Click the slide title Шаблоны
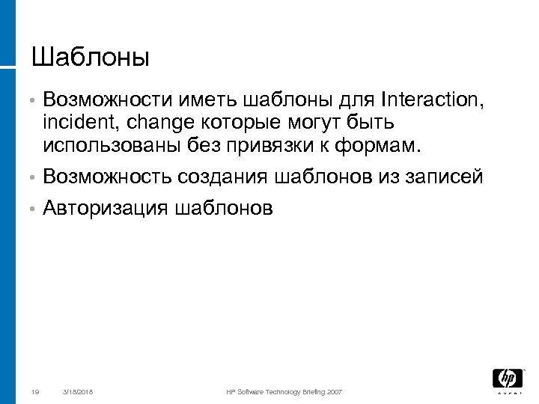tap(91, 57)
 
